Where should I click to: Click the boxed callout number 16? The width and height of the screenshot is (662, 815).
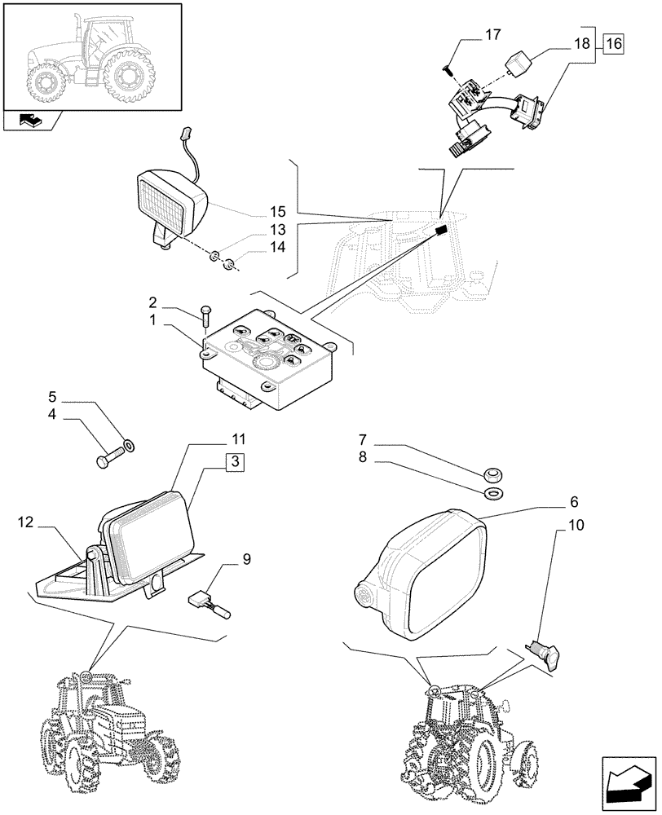click(614, 44)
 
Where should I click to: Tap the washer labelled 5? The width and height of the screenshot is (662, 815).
click(129, 446)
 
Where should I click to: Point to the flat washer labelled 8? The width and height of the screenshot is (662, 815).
click(492, 494)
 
